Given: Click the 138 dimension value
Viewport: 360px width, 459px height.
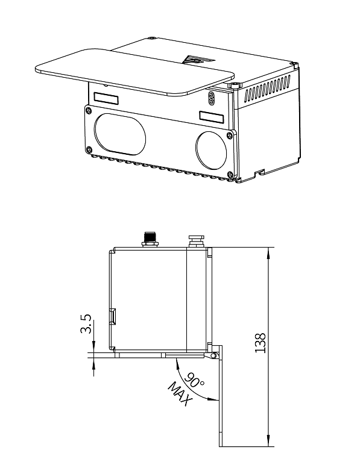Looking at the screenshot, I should [x=261, y=343].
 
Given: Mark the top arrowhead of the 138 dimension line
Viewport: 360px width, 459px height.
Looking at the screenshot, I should [x=269, y=252].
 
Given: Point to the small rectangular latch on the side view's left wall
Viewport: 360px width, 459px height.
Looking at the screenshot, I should [x=112, y=316].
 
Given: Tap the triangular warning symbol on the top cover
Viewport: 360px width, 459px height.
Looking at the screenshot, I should [x=195, y=61].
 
